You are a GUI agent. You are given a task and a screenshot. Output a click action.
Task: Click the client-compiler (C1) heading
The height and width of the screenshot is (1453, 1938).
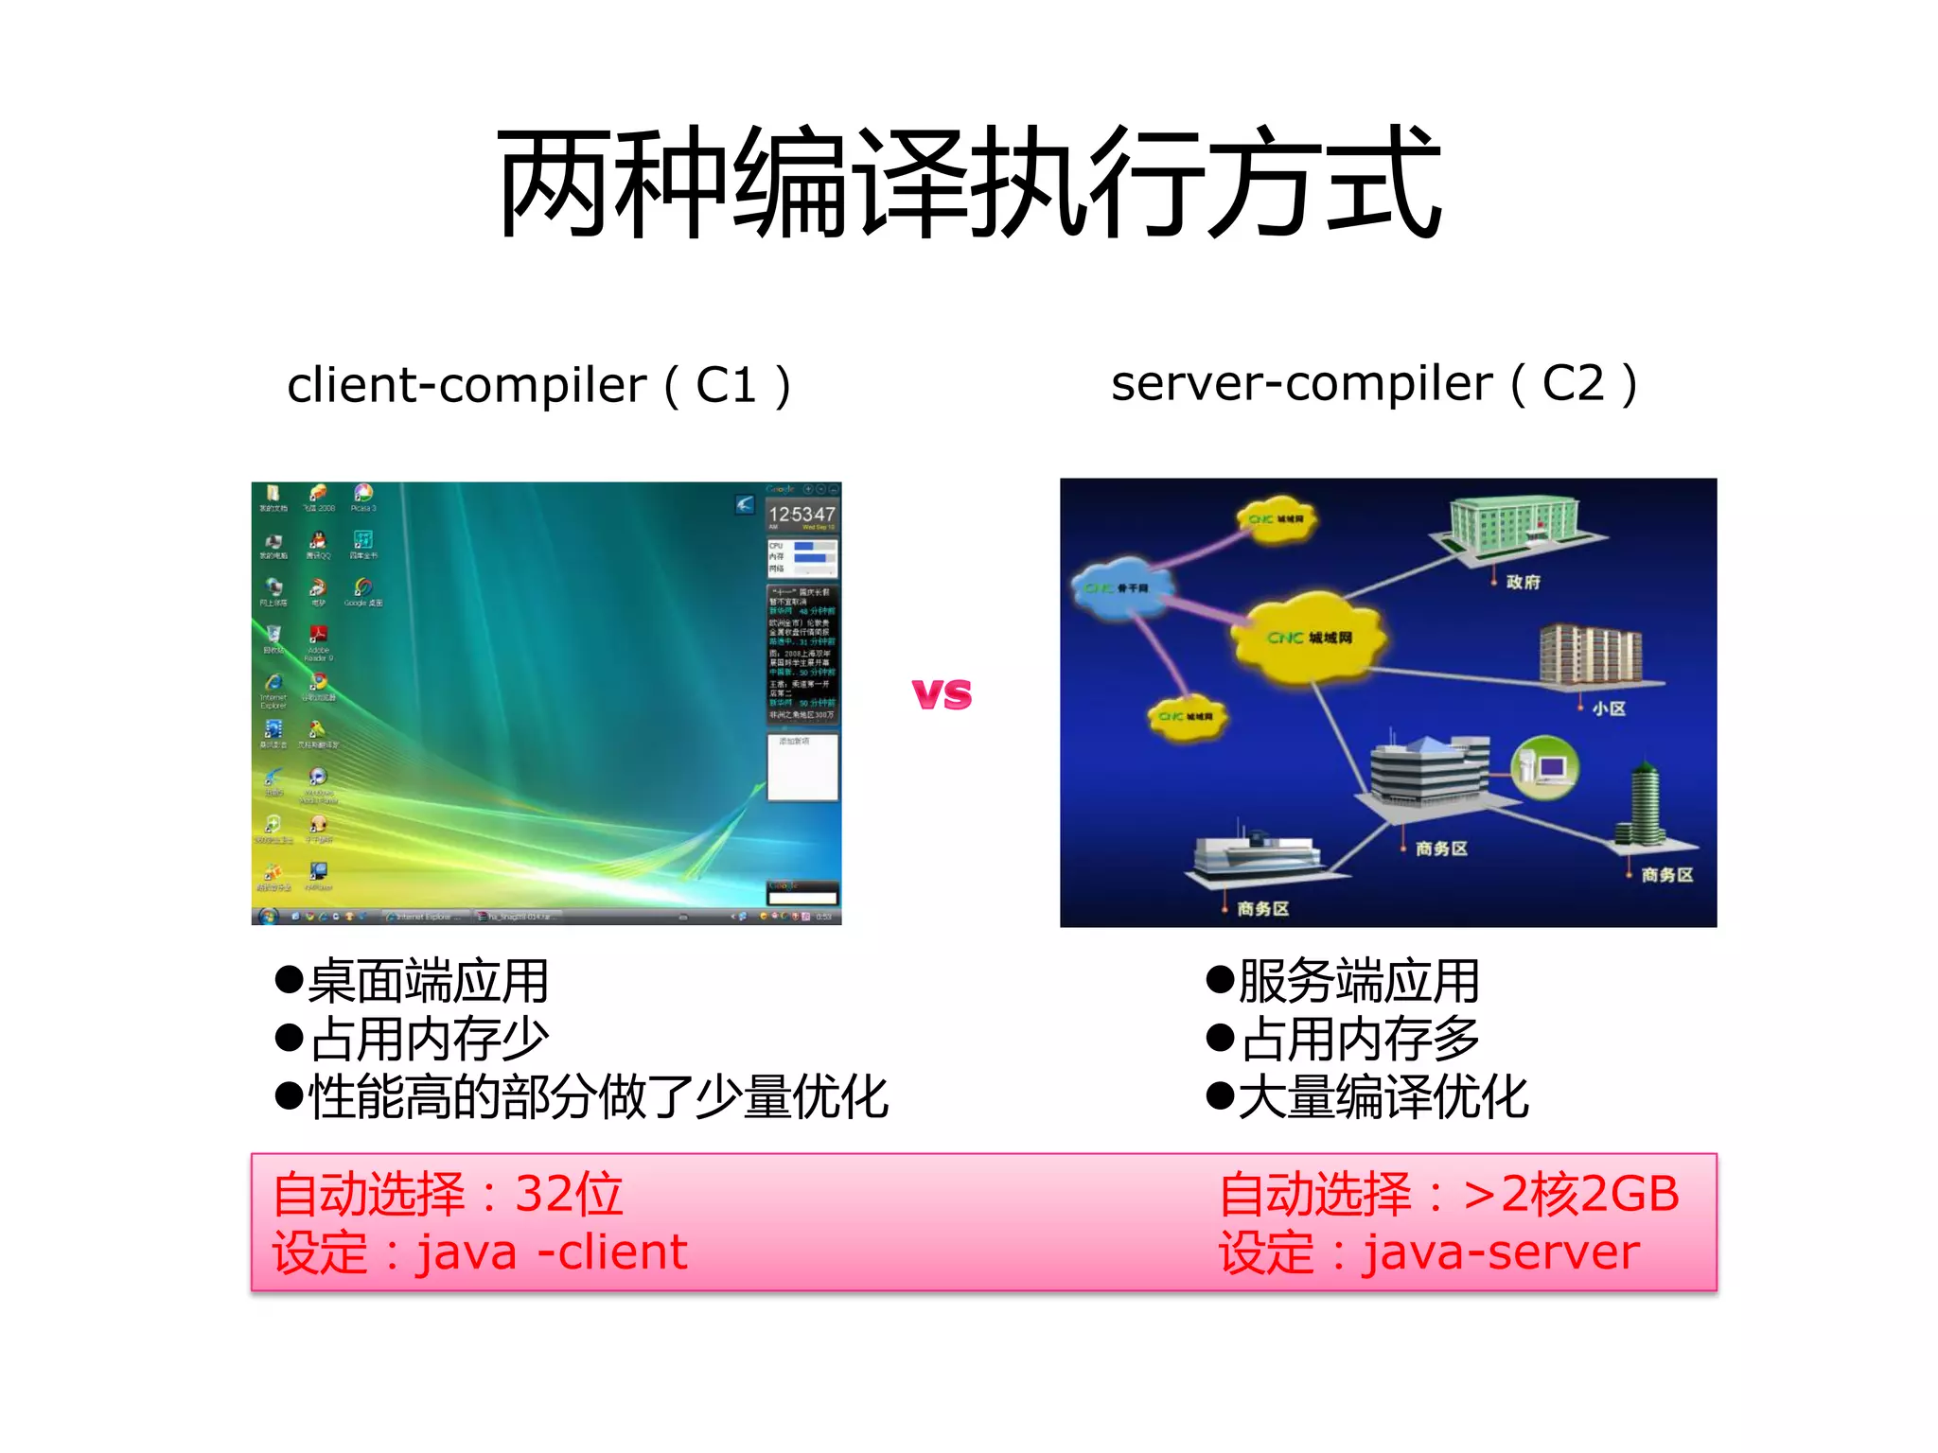[538, 385]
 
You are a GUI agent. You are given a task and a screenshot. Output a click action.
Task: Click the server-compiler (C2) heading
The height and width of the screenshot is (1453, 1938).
[1373, 383]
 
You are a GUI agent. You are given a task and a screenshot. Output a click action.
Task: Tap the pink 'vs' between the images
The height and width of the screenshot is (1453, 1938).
[942, 694]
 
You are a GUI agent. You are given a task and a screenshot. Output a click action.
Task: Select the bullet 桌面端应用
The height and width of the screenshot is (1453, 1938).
[414, 981]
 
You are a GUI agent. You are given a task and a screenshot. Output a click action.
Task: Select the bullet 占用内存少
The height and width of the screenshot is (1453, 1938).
[414, 1039]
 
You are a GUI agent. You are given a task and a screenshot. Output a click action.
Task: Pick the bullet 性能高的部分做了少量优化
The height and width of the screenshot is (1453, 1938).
[582, 1097]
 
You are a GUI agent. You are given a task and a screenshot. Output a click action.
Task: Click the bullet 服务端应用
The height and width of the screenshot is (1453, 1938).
[1344, 981]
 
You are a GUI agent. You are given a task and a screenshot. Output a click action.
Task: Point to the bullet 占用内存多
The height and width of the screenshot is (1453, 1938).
[1344, 1039]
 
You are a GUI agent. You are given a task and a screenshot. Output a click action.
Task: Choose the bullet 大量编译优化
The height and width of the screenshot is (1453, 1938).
[1367, 1097]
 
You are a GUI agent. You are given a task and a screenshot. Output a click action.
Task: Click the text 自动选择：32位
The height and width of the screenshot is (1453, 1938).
[448, 1194]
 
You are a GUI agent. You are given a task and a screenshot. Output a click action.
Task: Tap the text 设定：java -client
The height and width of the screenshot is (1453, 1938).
[480, 1252]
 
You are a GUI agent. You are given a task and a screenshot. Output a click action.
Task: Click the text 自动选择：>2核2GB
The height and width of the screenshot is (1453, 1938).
[1449, 1194]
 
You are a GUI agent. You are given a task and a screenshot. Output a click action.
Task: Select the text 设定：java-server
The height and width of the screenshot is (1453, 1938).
[1429, 1252]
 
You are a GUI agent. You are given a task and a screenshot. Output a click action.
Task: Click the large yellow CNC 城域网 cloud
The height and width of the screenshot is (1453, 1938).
[1310, 637]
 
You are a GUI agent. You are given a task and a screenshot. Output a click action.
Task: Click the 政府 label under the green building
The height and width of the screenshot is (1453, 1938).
[1523, 582]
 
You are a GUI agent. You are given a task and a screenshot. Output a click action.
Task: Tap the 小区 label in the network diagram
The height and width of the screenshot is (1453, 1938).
[1608, 709]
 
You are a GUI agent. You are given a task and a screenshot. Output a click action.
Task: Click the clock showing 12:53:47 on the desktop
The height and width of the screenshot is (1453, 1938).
[802, 515]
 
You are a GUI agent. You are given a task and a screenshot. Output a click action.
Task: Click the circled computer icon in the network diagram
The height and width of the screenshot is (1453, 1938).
[1545, 765]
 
